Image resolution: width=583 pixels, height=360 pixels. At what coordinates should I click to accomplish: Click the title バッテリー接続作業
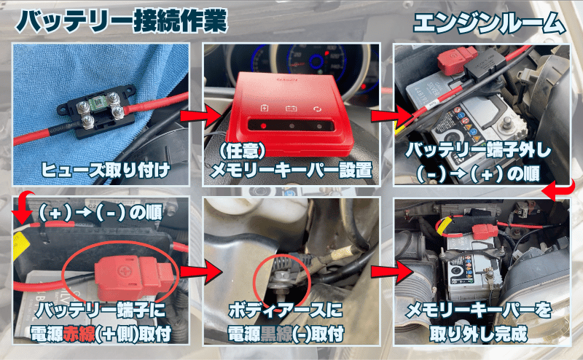point(121,20)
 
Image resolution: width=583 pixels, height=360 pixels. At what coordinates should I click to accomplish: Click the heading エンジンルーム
point(490,23)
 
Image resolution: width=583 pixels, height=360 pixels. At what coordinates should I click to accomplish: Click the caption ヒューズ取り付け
point(106,170)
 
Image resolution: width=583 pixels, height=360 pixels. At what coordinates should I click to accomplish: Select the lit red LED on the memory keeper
point(264,125)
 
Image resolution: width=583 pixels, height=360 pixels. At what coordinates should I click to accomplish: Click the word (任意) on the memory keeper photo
point(242,151)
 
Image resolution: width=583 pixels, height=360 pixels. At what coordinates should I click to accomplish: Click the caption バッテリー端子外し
point(478,150)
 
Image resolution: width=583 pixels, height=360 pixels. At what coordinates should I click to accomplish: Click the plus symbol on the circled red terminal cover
point(122,272)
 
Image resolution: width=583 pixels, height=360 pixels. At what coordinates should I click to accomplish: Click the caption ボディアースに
point(286,310)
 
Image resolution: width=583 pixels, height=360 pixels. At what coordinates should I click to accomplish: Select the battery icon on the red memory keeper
point(291,109)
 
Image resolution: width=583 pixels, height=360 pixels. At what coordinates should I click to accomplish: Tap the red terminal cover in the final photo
point(485,231)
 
